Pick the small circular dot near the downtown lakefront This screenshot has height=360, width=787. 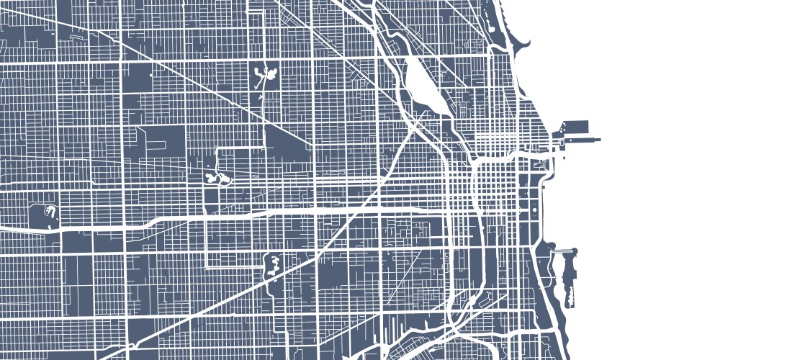click(x=535, y=209)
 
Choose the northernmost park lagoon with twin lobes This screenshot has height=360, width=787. click(x=264, y=73)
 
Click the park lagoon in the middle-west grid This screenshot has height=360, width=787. click(x=217, y=177)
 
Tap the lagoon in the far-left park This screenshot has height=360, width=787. click(x=51, y=210)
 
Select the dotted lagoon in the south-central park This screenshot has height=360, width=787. click(x=274, y=265)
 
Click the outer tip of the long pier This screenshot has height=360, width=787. click(x=598, y=138)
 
